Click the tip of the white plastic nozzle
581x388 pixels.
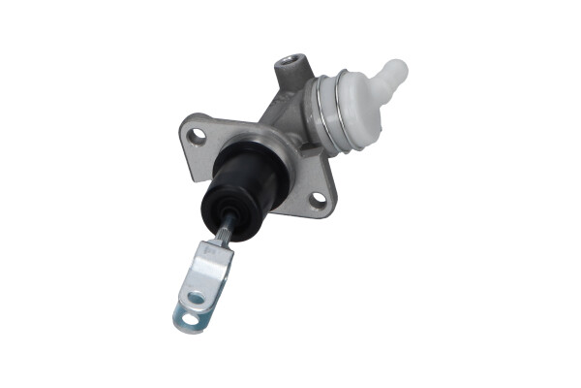click(x=398, y=68)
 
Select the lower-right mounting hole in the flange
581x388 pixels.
click(x=318, y=199)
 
